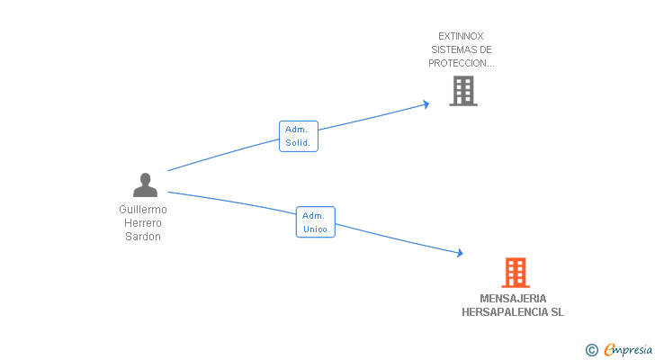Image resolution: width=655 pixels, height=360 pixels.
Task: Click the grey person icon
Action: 145,185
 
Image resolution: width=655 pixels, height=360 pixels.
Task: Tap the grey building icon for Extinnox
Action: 462,91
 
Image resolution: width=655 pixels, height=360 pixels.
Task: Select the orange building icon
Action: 515,272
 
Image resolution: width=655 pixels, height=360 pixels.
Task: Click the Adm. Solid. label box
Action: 298,136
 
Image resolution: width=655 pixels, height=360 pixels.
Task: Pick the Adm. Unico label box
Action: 315,222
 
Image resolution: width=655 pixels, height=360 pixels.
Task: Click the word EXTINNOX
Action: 462,36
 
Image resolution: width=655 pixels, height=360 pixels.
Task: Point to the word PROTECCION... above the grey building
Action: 462,64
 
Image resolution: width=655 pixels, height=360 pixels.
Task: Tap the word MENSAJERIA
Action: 514,299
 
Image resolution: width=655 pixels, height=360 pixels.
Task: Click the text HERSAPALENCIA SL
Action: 514,312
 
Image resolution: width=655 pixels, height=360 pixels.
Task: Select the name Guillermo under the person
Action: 143,210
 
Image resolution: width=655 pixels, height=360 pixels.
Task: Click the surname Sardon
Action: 143,237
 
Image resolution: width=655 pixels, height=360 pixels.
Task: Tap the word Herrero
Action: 143,223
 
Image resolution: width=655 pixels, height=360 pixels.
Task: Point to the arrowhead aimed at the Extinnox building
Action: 426,104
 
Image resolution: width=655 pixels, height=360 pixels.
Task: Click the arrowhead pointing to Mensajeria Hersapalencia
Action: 459,255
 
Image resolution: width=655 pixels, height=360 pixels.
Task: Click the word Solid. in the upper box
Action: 298,143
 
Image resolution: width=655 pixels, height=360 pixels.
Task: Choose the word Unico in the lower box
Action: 315,229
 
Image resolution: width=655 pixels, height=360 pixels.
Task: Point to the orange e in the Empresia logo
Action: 609,350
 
